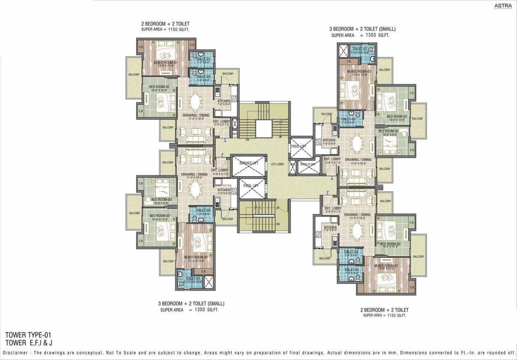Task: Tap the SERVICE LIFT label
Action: (248, 163)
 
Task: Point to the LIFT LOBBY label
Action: (277, 164)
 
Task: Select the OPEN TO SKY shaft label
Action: (307, 164)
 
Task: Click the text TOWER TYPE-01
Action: (28, 335)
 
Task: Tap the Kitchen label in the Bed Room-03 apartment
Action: (224, 190)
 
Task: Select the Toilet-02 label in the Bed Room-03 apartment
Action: (202, 210)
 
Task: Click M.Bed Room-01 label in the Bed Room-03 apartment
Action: (196, 257)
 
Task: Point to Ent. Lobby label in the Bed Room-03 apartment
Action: (220, 170)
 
